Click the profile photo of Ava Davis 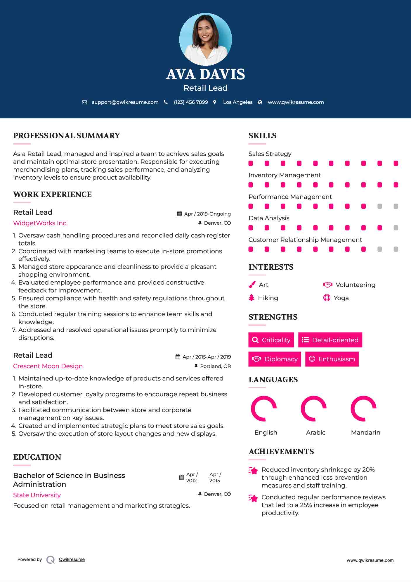[205, 39]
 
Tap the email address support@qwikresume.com [125, 102]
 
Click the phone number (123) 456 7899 [191, 102]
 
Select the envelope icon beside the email [84, 102]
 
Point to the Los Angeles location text [237, 102]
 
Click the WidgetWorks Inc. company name [40, 223]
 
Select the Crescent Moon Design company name [48, 366]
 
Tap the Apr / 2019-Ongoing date [207, 214]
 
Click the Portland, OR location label [215, 366]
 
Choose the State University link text [37, 495]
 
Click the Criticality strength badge [271, 340]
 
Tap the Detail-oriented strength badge [330, 340]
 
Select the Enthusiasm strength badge [332, 359]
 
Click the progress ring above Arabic [313, 409]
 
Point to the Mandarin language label [365, 433]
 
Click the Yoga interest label [341, 298]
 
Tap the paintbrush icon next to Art [252, 285]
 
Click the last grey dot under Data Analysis [396, 228]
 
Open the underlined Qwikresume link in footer [72, 559]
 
